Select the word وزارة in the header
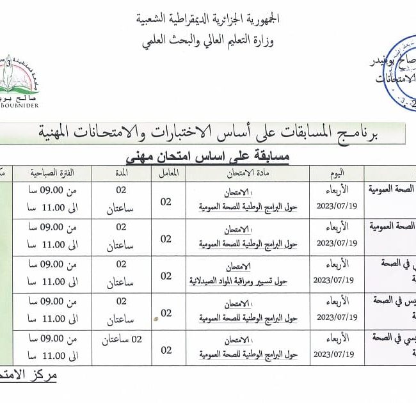coord(263,43)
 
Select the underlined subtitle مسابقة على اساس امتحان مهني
coord(207,155)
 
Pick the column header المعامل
coord(166,173)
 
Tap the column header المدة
coord(121,173)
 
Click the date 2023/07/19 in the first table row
coord(336,206)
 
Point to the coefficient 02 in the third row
coord(166,276)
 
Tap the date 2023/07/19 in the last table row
coord(336,354)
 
